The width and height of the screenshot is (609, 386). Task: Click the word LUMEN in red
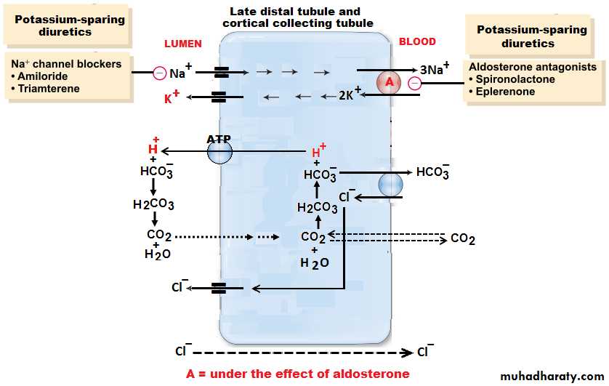[x=182, y=44]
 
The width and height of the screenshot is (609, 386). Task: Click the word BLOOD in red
[x=417, y=42]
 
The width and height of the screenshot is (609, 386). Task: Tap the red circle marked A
[x=390, y=83]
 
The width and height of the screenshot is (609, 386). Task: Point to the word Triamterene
[x=49, y=89]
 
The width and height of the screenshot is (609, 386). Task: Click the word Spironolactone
[x=514, y=79]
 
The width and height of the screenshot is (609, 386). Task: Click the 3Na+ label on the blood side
[x=435, y=70]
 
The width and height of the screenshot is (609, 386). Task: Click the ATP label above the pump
[x=219, y=137]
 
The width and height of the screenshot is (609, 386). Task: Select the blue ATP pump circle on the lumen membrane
[x=219, y=152]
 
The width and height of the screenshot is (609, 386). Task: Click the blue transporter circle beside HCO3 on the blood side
[x=390, y=185]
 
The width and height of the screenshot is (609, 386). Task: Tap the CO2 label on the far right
[x=463, y=238]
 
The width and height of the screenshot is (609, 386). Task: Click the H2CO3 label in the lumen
[x=153, y=204]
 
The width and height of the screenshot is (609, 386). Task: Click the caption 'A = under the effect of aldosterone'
[x=298, y=374]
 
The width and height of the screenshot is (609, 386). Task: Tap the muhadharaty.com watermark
[x=552, y=376]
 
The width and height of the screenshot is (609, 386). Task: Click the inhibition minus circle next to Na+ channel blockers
[x=159, y=73]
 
